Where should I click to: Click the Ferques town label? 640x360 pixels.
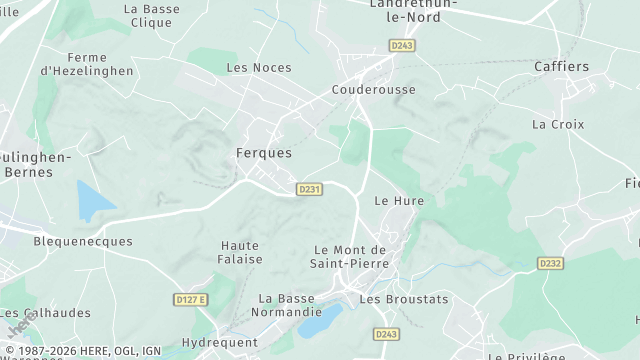pos(264,154)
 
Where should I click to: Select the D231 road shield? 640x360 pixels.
pos(310,189)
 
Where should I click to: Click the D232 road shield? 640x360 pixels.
pos(550,263)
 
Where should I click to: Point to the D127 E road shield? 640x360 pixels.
pos(189,300)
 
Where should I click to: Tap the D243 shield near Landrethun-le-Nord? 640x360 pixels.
pos(402,45)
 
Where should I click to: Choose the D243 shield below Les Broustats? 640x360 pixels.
pos(386,334)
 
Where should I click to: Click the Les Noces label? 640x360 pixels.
pos(259,68)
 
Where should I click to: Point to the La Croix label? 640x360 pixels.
pos(558,125)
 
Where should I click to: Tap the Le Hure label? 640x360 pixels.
pos(399,201)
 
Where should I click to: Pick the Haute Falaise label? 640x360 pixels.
pos(240,252)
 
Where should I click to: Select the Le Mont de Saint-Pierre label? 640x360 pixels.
pos(350,256)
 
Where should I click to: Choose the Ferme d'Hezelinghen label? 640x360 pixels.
pos(73,65)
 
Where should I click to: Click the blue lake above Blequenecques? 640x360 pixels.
pos(93,201)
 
